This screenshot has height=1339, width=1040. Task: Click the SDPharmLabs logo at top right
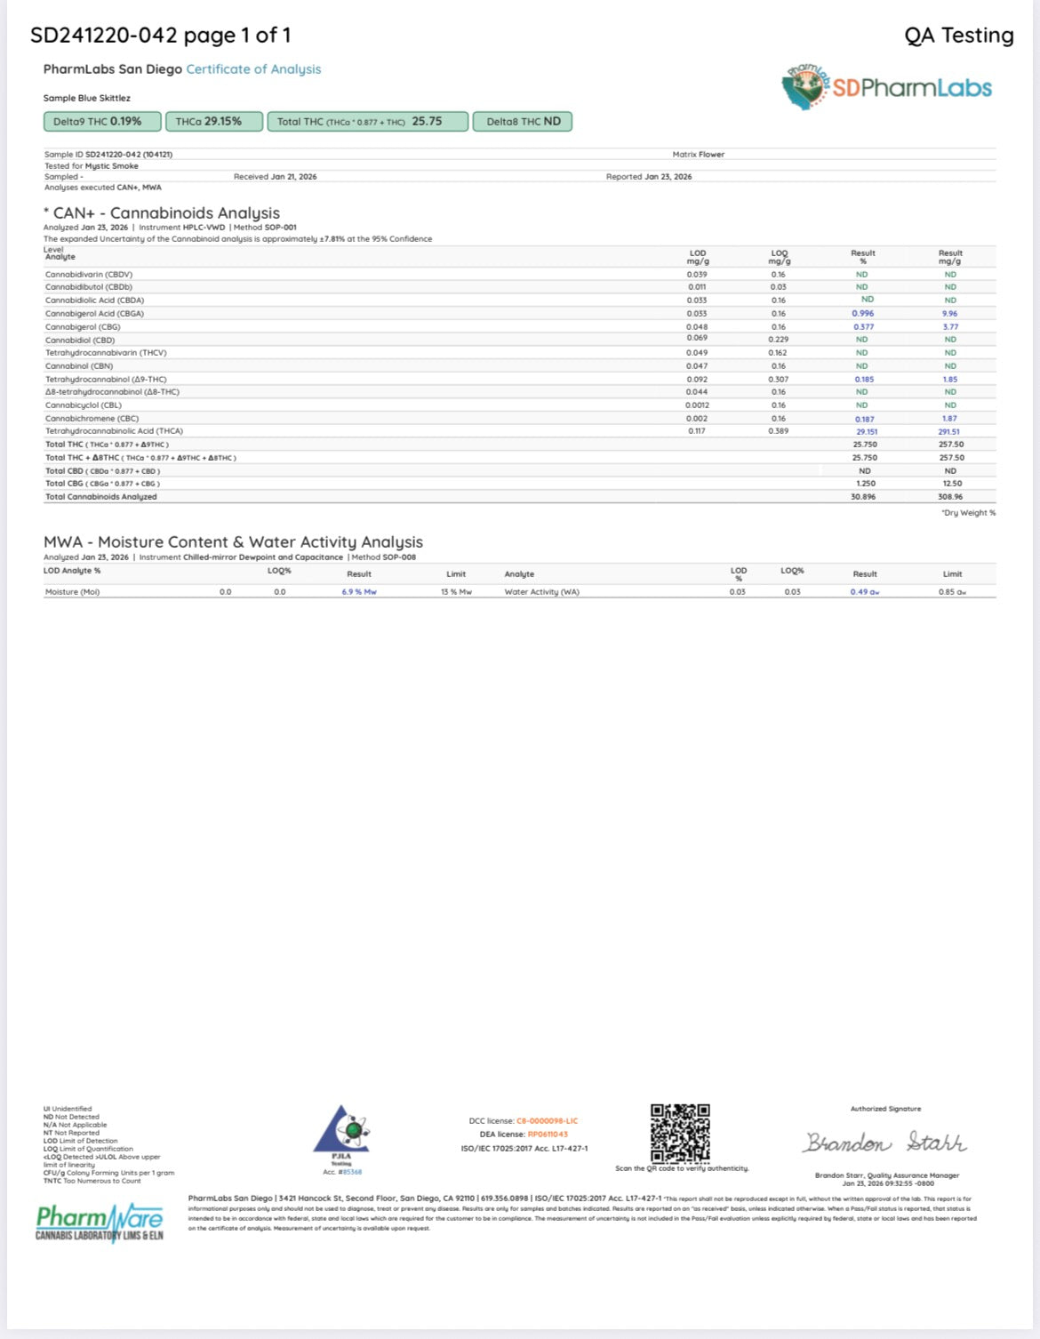(x=887, y=87)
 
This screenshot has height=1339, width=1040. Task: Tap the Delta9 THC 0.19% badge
(x=102, y=122)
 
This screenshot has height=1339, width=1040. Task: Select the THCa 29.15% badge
(x=208, y=122)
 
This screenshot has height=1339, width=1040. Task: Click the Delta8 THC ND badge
(x=523, y=122)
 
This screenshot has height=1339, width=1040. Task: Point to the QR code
(x=680, y=1133)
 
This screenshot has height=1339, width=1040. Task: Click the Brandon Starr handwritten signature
(x=885, y=1143)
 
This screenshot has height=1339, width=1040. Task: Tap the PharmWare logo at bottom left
(x=100, y=1222)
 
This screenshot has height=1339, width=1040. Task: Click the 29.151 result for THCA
(x=866, y=431)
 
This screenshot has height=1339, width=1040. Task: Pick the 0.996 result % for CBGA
(x=862, y=314)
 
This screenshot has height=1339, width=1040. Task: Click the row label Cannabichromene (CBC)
(x=80, y=418)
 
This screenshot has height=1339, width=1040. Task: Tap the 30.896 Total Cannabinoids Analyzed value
(x=862, y=497)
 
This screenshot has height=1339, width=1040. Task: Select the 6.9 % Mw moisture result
(x=359, y=592)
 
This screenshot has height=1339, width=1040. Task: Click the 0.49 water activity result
(x=864, y=592)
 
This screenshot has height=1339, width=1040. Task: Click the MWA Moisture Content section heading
(x=233, y=542)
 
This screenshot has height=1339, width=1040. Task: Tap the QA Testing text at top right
(x=958, y=36)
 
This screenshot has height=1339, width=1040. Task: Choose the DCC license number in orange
(x=547, y=1121)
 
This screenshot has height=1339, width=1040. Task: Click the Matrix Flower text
(x=698, y=155)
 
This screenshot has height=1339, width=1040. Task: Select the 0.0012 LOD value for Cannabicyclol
(x=697, y=405)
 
